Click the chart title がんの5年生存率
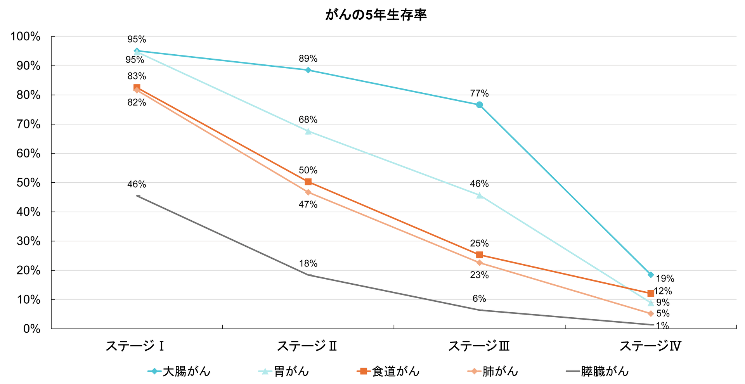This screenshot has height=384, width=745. (x=376, y=15)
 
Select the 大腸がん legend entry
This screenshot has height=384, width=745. (x=179, y=371)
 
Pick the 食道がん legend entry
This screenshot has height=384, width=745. (x=388, y=371)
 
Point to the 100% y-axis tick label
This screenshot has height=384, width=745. (x=26, y=37)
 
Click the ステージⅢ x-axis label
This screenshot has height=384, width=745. (x=479, y=346)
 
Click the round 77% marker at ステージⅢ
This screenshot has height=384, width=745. (x=479, y=105)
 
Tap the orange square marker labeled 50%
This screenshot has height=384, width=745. (x=308, y=182)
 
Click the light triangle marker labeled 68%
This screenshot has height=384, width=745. (x=308, y=131)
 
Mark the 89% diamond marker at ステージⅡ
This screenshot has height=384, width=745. (x=308, y=70)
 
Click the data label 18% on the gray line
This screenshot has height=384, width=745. (x=308, y=264)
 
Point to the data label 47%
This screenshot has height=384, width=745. (x=308, y=204)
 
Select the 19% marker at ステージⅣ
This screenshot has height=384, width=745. (x=651, y=275)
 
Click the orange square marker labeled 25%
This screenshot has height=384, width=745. (x=479, y=255)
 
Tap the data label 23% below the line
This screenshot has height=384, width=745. (x=479, y=275)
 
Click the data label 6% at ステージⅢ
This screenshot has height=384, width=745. (x=479, y=299)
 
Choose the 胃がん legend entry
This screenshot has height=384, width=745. (x=284, y=371)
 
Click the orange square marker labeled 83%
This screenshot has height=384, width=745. (x=137, y=88)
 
